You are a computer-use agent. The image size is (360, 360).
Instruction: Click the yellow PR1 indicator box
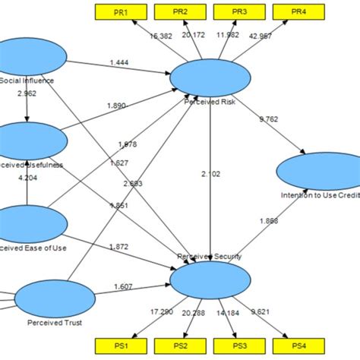click(121, 12)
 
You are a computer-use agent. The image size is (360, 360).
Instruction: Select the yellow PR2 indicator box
click(180, 12)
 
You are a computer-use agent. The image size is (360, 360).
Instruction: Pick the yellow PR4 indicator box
click(298, 12)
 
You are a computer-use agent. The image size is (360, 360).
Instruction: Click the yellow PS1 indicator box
click(121, 346)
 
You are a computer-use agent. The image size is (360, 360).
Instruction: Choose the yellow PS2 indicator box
click(180, 346)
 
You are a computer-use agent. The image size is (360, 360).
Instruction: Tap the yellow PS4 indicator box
click(298, 346)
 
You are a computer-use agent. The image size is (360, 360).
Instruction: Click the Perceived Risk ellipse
click(210, 77)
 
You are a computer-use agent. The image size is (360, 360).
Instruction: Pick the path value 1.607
click(124, 286)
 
